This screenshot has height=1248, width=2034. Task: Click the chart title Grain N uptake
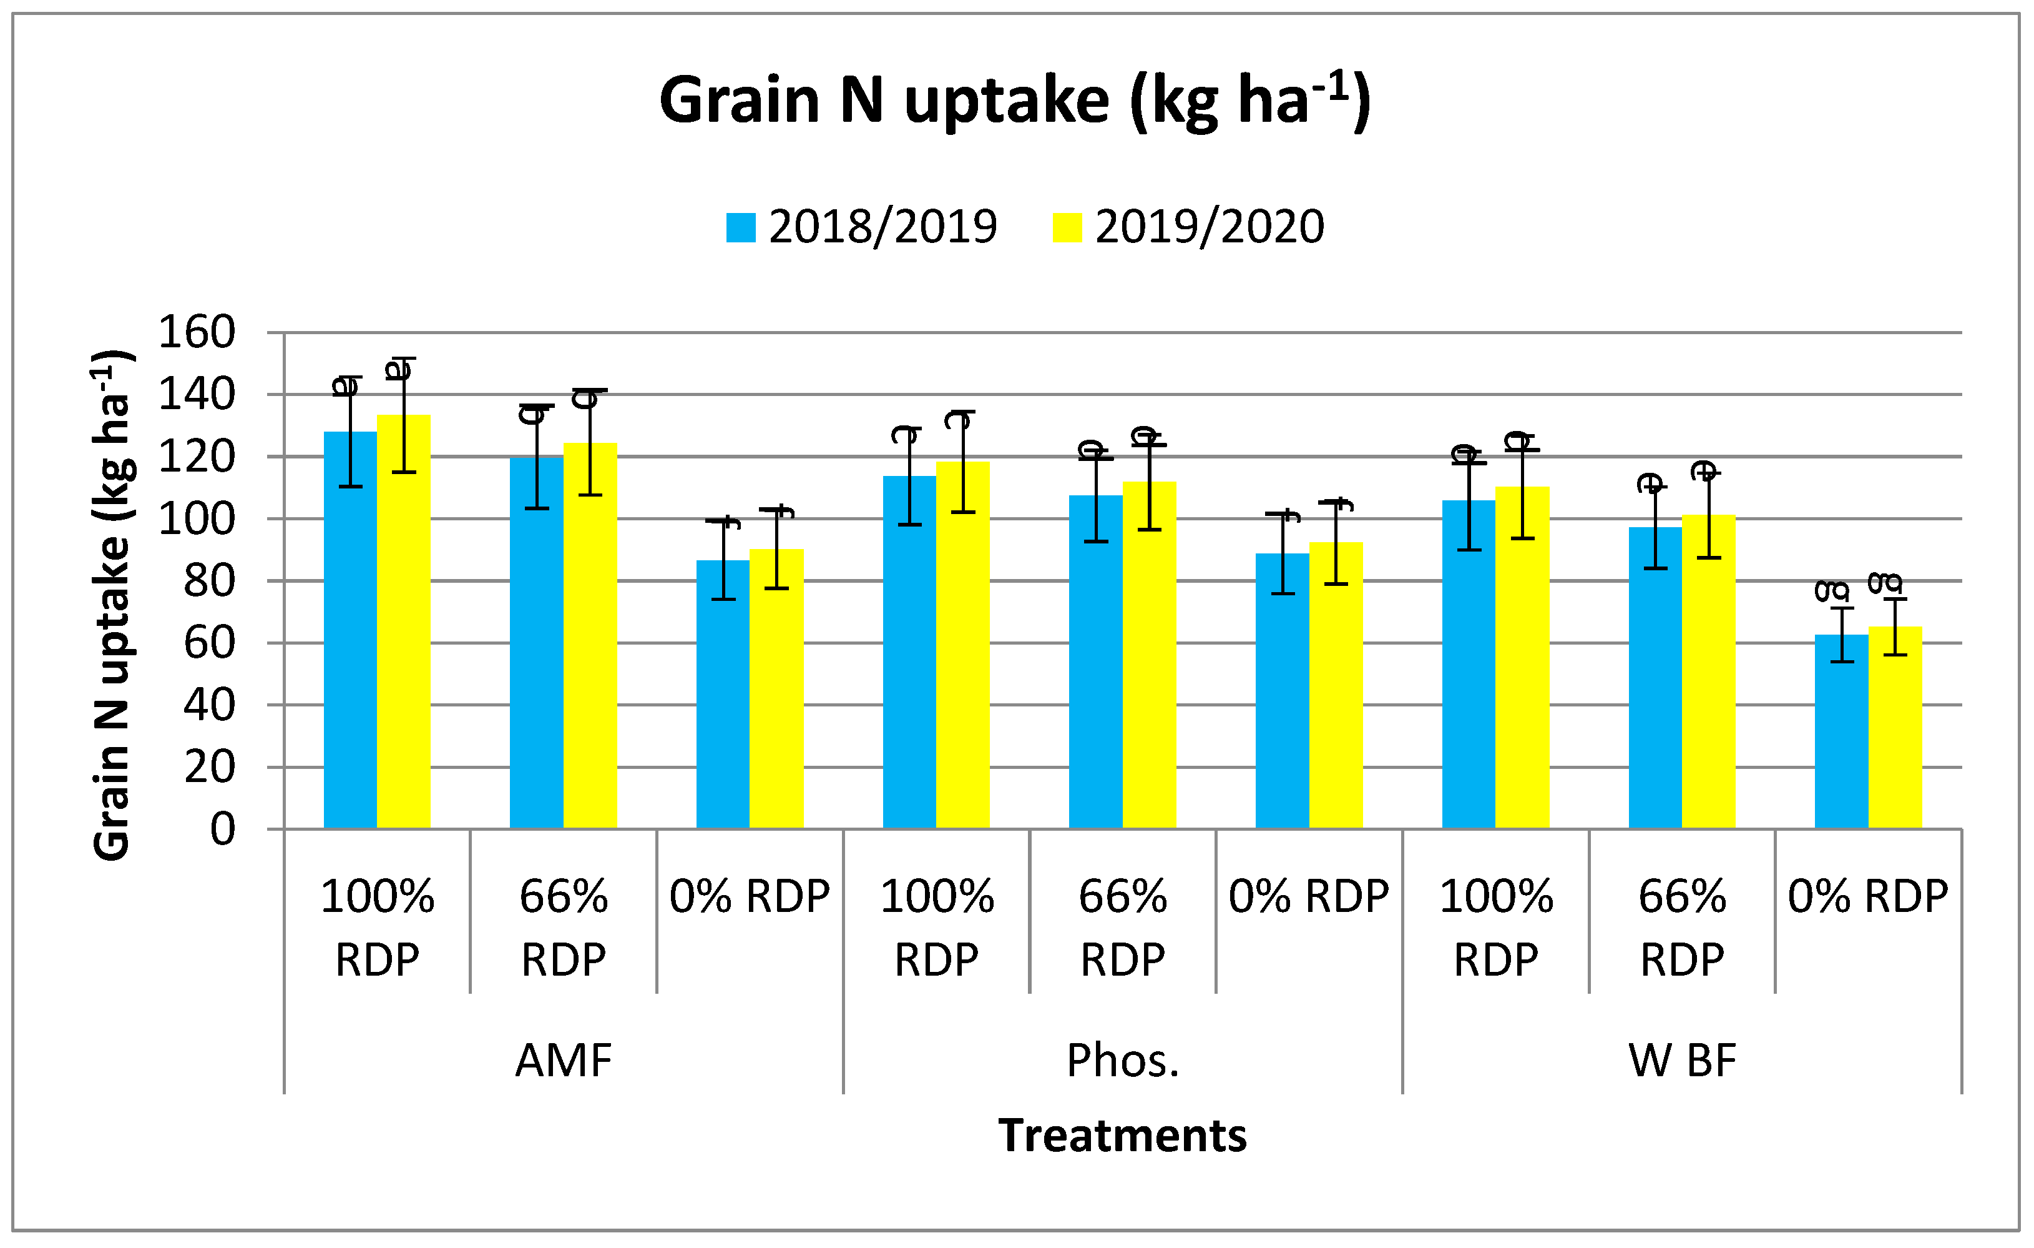point(1015,101)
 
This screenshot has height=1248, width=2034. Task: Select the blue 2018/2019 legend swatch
point(740,228)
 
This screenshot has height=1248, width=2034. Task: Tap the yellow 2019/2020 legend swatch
point(1067,228)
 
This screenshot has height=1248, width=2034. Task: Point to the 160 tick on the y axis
point(197,333)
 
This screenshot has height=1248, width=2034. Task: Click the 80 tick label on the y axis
point(209,582)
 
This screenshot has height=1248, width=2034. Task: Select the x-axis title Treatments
point(1122,1135)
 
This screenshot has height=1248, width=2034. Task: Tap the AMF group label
point(563,1061)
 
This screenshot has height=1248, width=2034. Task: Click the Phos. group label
point(1123,1061)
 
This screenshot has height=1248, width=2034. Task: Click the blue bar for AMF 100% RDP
point(350,661)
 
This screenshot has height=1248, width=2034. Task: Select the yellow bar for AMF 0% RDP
point(776,702)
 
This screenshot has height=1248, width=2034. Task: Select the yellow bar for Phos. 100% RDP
point(962,661)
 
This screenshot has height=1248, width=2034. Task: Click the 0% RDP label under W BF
point(1868,897)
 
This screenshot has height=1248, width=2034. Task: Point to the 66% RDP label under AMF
point(563,928)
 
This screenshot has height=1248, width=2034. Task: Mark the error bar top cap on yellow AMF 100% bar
point(404,359)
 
